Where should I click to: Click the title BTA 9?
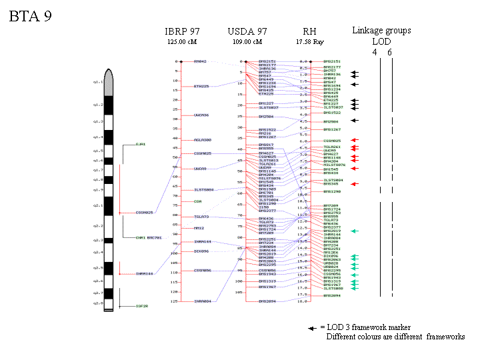[x=30, y=17]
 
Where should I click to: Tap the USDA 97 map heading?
[x=247, y=31]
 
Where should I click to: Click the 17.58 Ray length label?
[x=309, y=41]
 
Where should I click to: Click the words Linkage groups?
[x=381, y=31]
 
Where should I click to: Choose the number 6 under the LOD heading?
[x=389, y=52]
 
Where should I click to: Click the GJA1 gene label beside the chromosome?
[x=140, y=144]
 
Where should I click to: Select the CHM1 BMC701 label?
[x=149, y=237]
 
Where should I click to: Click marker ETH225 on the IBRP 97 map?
[x=201, y=86]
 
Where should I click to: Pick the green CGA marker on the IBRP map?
[x=197, y=201]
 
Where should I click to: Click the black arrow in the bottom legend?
[x=312, y=328]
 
